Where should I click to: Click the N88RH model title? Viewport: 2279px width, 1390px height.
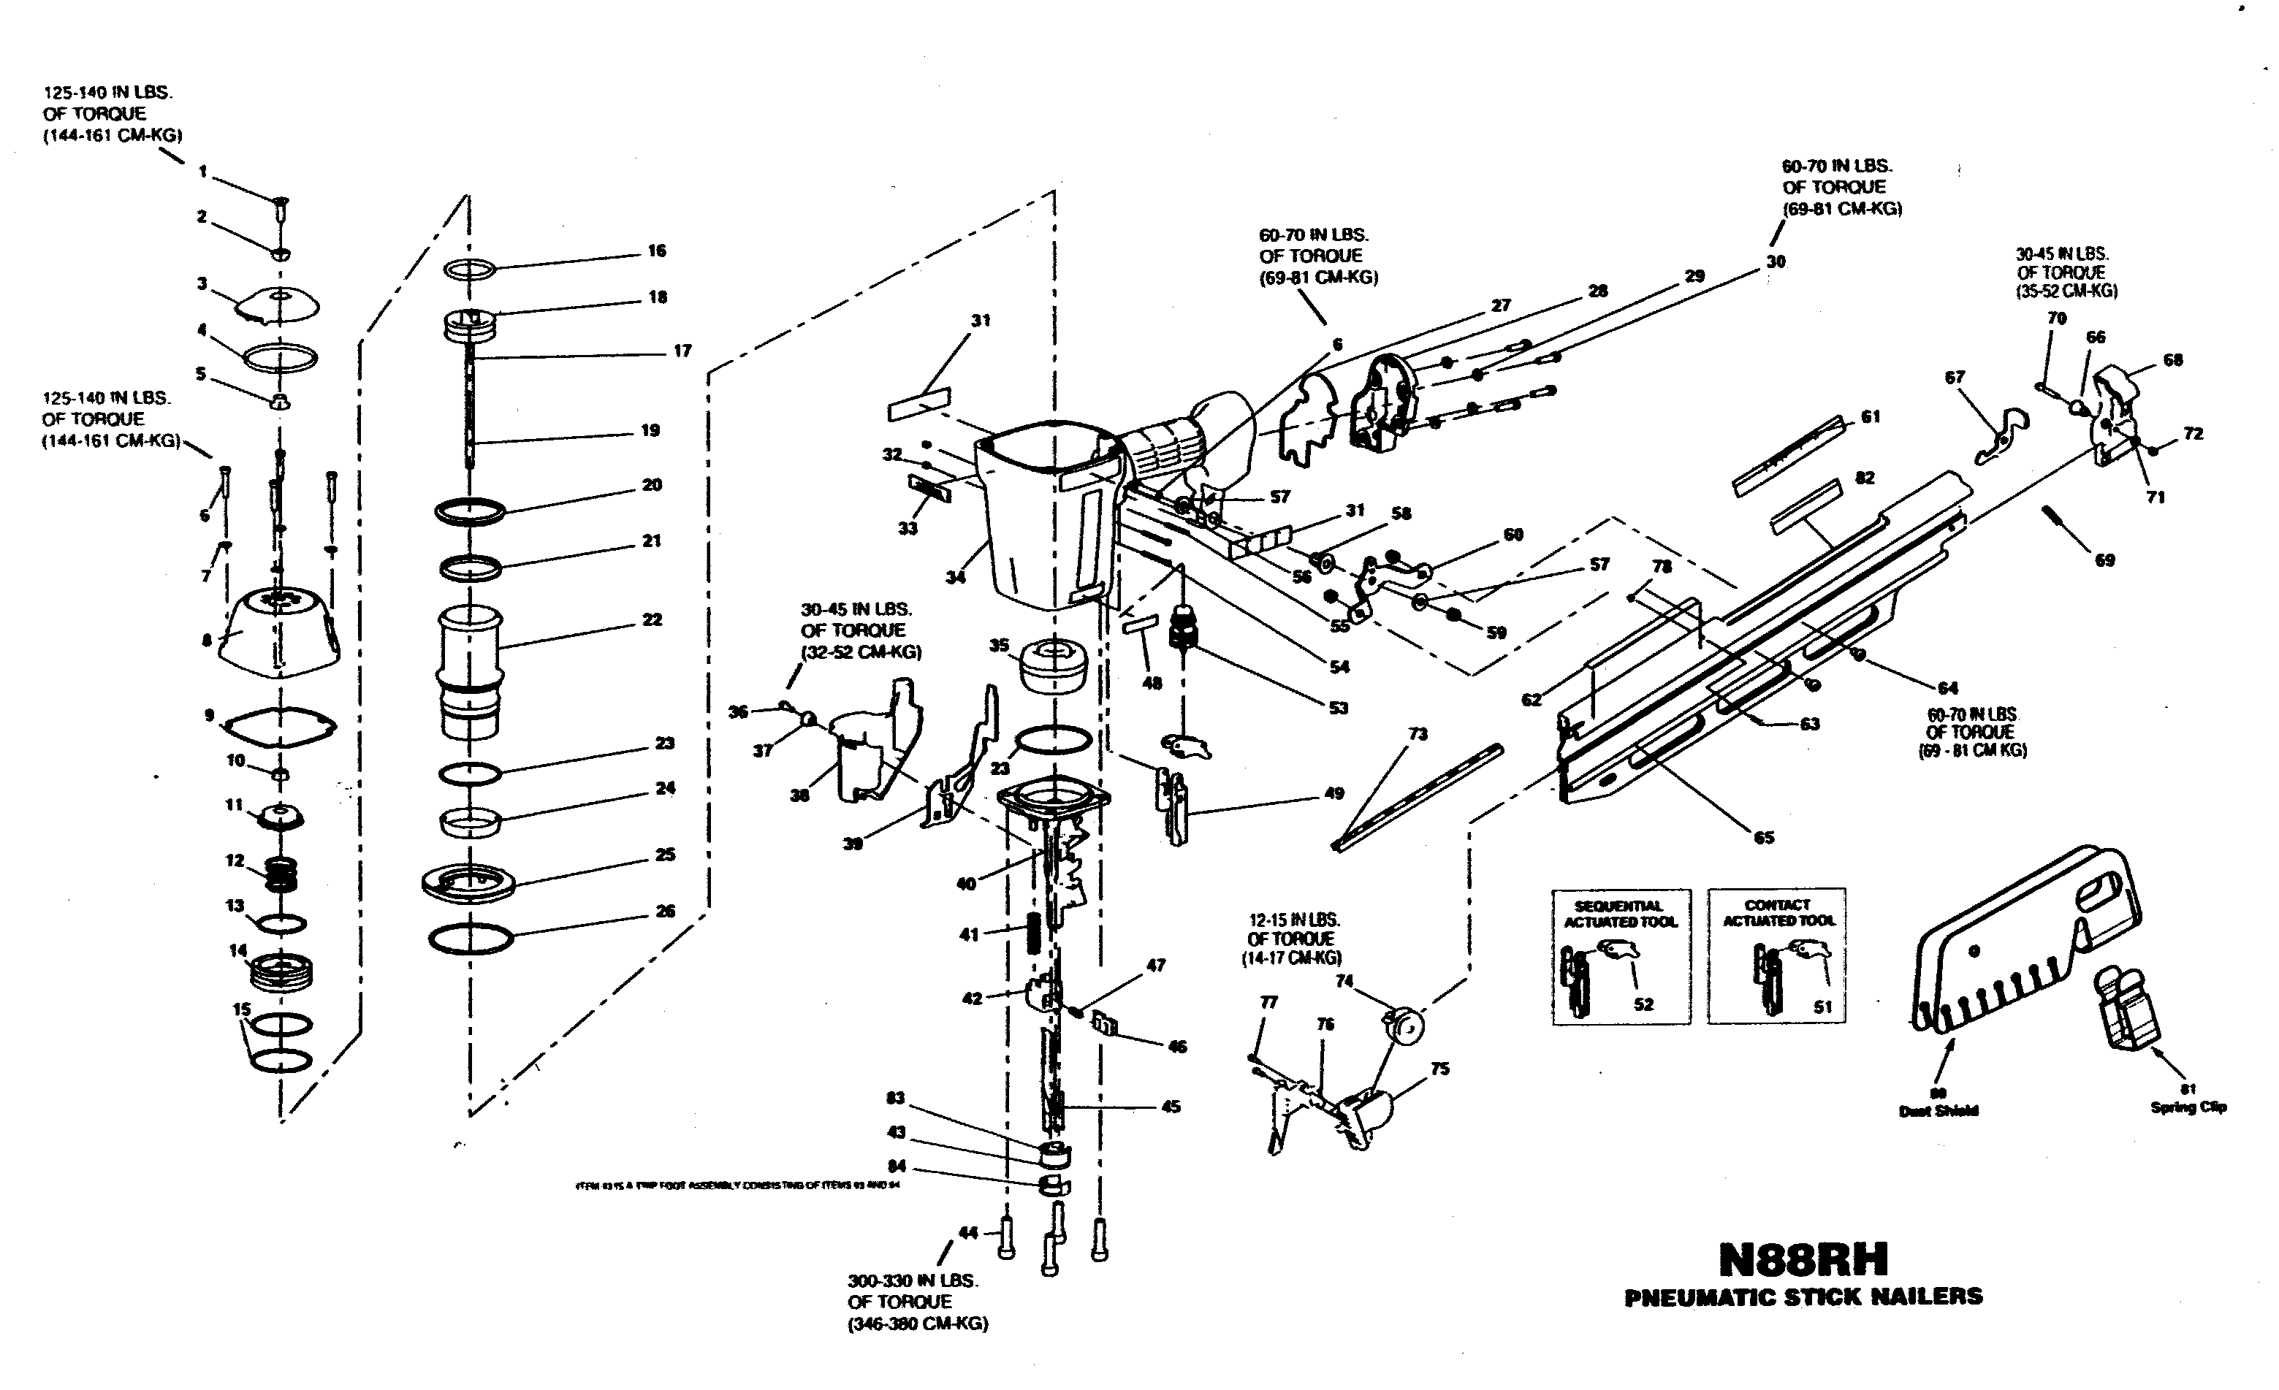tap(1803, 1259)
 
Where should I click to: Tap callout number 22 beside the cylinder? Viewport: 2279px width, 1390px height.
tap(652, 619)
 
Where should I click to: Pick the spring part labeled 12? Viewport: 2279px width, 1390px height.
tap(282, 873)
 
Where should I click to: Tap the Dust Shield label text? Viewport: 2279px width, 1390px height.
tap(1939, 1111)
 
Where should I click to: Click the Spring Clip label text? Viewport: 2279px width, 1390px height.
tap(2188, 1107)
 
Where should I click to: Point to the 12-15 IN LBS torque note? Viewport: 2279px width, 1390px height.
tap(1291, 938)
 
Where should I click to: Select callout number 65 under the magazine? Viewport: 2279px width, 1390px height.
tap(1764, 837)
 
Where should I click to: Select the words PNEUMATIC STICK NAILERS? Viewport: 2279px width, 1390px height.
tap(1803, 1297)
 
